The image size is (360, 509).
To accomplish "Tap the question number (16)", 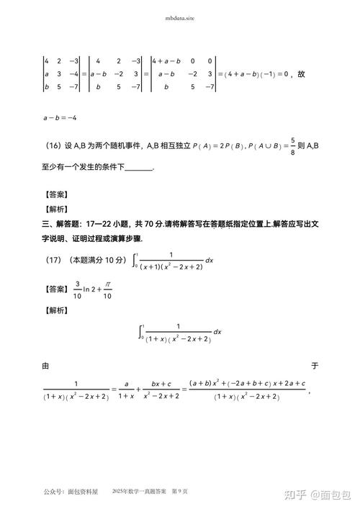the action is (53, 145).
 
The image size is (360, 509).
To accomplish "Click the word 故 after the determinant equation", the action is (301, 73).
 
